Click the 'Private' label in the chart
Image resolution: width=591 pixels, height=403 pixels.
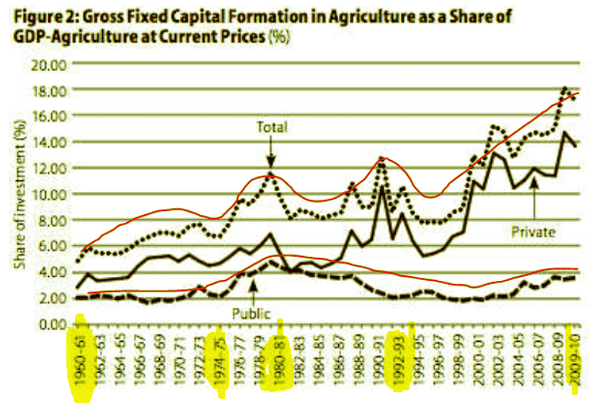click(533, 230)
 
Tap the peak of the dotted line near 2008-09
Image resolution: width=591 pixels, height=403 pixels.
click(565, 87)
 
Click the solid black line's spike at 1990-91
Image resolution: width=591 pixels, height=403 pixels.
click(381, 186)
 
